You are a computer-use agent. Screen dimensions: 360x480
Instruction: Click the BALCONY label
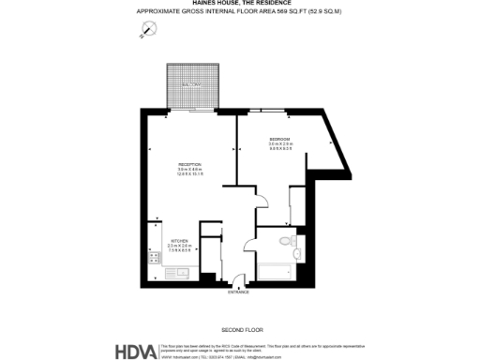click(191, 84)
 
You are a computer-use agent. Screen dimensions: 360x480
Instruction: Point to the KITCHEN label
click(178, 239)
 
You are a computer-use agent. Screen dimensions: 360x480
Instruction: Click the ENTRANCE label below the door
click(238, 292)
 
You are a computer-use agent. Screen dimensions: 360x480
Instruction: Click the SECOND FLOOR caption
click(239, 330)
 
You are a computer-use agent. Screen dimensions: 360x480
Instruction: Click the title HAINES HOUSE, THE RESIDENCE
click(240, 4)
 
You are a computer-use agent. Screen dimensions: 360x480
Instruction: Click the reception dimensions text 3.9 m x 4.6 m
click(190, 170)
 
